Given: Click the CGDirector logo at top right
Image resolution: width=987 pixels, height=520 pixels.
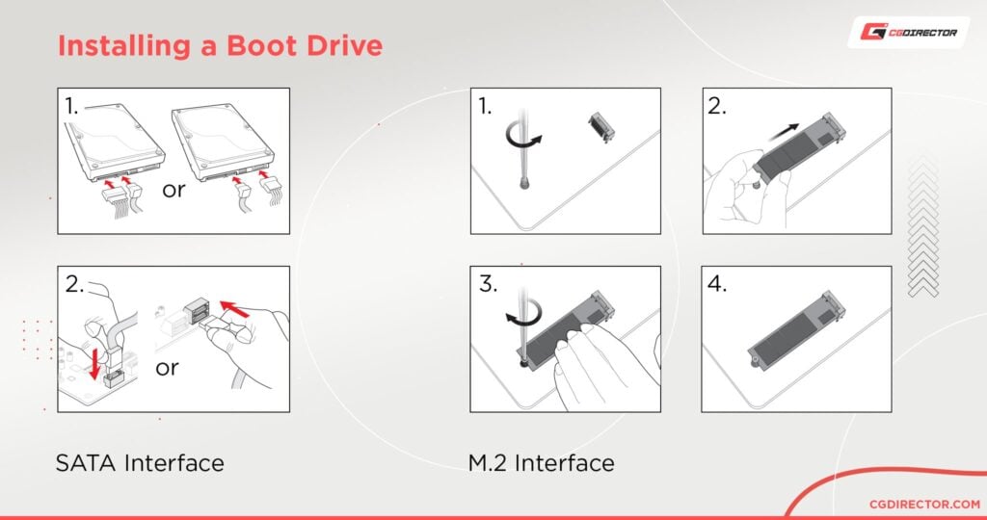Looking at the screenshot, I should click(903, 32).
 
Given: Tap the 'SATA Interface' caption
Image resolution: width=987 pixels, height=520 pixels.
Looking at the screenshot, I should click(140, 463).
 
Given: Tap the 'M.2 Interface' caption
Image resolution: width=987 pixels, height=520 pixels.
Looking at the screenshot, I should click(542, 463).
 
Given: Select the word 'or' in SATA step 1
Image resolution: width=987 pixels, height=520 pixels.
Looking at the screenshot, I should click(173, 190).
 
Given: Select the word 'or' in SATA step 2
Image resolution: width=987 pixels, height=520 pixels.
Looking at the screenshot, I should click(168, 369).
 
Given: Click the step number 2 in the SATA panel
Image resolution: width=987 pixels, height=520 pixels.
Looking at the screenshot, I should click(73, 286).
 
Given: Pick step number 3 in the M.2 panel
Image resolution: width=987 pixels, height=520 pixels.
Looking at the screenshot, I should click(488, 286).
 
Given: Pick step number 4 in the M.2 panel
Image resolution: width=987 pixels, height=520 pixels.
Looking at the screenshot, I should click(719, 286).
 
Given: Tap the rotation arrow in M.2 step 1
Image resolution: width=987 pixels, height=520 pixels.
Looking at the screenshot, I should click(525, 140).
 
